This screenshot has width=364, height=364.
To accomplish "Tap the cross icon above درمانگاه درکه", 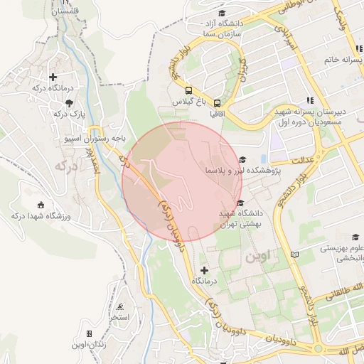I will click(53, 77).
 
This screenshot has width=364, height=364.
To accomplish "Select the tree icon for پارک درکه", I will click(59, 102).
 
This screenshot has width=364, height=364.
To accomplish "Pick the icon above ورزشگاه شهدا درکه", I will click(39, 204).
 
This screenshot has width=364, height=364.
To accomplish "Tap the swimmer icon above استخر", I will click(121, 306).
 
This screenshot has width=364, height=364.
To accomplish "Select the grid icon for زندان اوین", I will click(89, 333).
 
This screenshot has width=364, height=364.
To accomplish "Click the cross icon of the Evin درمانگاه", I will click(205, 270).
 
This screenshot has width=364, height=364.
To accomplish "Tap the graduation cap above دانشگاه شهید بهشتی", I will click(240, 203).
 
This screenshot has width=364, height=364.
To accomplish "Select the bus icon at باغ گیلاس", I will click(188, 90).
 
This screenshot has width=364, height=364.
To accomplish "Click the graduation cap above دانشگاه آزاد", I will click(221, 13).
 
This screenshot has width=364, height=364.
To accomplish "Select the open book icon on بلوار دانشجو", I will click(295, 254).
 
